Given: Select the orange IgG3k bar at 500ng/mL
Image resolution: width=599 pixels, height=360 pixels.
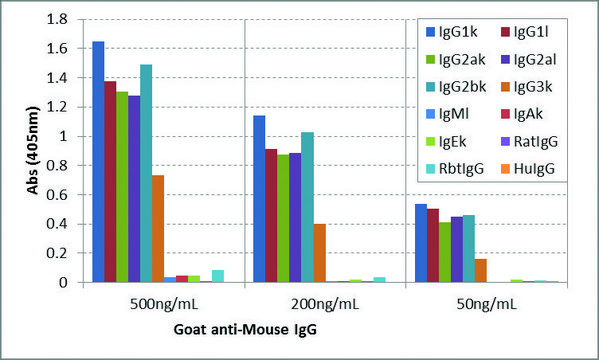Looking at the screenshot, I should tap(158, 229).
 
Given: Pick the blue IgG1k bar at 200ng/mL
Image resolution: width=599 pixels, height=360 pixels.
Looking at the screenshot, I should tap(259, 199).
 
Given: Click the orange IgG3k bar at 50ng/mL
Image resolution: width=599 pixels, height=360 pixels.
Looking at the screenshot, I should tap(481, 271).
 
